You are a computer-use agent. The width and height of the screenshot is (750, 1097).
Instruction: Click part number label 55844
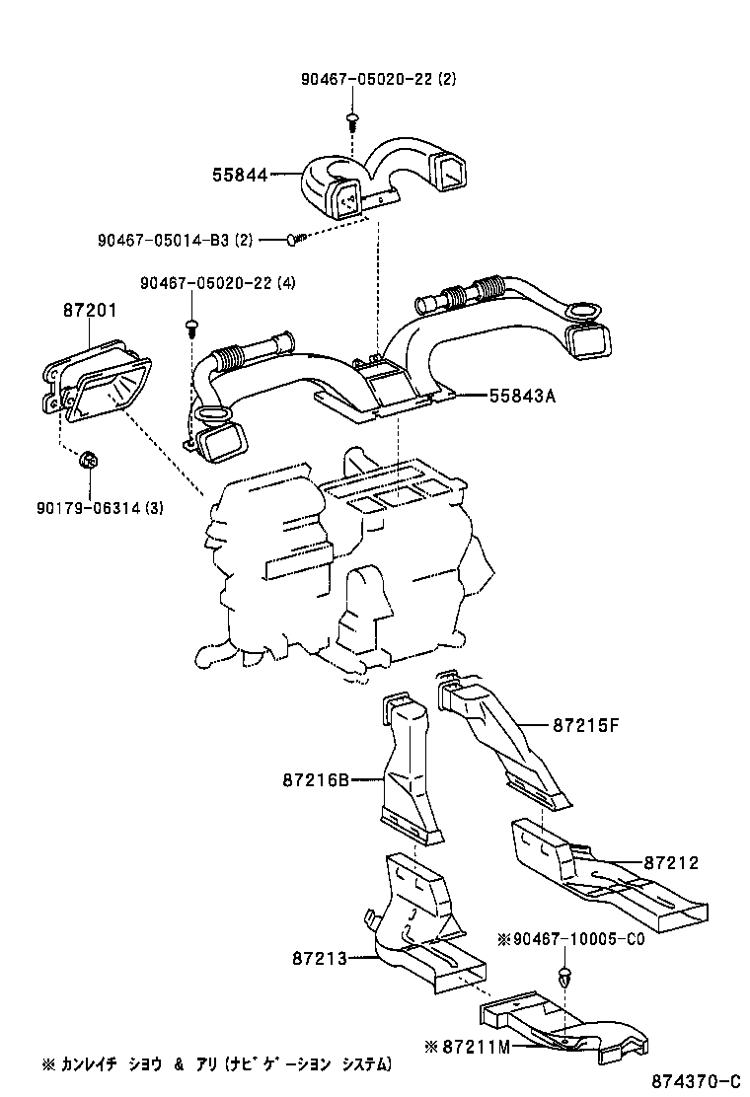pyautogui.click(x=240, y=176)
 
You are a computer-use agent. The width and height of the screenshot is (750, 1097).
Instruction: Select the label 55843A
pyautogui.click(x=523, y=396)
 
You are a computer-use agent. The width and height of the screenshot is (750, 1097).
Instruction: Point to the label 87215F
pyautogui.click(x=584, y=725)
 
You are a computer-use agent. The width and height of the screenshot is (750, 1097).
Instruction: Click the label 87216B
pyautogui.click(x=317, y=779)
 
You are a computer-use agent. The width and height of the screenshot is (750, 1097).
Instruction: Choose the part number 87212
pyautogui.click(x=671, y=862)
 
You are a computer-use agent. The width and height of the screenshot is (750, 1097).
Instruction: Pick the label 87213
pyautogui.click(x=320, y=956)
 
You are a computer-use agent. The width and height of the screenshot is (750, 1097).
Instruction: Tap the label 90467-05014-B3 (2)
pyautogui.click(x=176, y=240)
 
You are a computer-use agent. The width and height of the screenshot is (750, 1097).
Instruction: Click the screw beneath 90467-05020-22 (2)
pyautogui.click(x=352, y=122)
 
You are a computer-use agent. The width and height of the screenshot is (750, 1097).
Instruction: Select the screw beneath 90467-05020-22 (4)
pyautogui.click(x=190, y=325)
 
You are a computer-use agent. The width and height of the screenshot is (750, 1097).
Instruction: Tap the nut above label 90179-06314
pyautogui.click(x=88, y=459)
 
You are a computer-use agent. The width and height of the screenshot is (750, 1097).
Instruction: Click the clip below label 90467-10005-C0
pyautogui.click(x=564, y=976)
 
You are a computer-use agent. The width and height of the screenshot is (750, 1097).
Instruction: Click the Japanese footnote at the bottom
pyautogui.click(x=217, y=1064)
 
